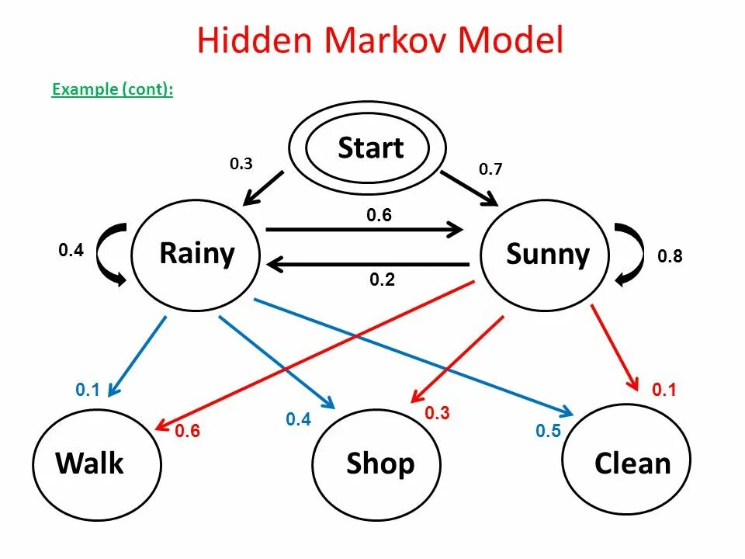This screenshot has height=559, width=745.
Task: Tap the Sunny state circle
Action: point(546,255)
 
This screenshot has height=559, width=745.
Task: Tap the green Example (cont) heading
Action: point(113,90)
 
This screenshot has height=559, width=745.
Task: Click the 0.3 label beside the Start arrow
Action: point(241,165)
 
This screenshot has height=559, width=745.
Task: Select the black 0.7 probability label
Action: point(490,169)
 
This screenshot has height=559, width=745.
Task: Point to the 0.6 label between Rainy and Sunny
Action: point(379,216)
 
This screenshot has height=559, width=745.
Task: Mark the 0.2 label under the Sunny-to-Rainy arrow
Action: point(383,280)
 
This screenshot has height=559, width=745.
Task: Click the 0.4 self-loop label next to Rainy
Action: point(71,251)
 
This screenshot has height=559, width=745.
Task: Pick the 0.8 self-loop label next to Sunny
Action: point(670,256)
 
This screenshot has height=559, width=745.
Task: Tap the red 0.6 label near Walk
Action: point(188,432)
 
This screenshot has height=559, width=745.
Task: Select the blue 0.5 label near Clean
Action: point(548,432)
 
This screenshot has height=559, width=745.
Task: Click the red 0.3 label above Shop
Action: point(437,413)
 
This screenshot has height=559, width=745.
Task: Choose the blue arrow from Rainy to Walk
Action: point(140,354)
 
